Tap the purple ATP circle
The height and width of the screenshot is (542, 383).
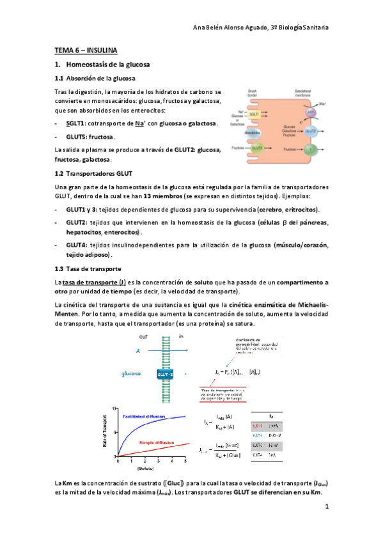click(x=310, y=111)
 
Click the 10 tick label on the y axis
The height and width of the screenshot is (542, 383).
click(x=113, y=407)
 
